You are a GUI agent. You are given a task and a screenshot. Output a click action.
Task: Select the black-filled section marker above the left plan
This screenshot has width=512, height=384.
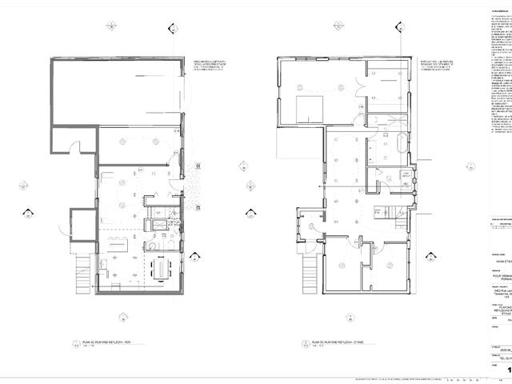coord(173,29)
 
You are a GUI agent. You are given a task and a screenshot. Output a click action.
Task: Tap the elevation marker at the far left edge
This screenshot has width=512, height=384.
coord(27,214)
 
